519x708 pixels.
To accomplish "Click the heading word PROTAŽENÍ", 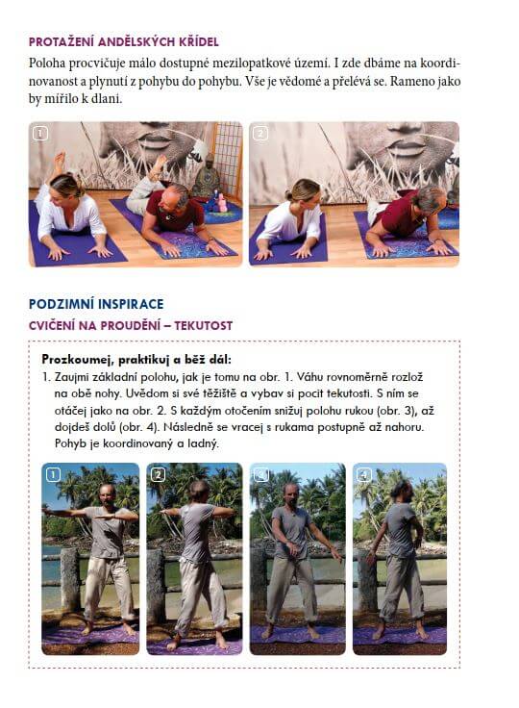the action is [62, 42].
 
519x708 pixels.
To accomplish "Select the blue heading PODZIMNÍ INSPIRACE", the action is [96, 304].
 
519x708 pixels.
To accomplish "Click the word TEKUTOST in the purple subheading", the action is [204, 325].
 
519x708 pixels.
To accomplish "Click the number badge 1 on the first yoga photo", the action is [40, 133].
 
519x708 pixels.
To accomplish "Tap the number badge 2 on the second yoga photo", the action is [259, 133].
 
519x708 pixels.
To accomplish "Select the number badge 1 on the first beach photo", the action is [53, 474].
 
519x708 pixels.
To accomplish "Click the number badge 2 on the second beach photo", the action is [158, 474].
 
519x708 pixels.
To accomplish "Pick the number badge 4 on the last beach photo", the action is [363, 474].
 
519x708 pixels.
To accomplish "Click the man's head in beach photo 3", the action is [291, 494].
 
